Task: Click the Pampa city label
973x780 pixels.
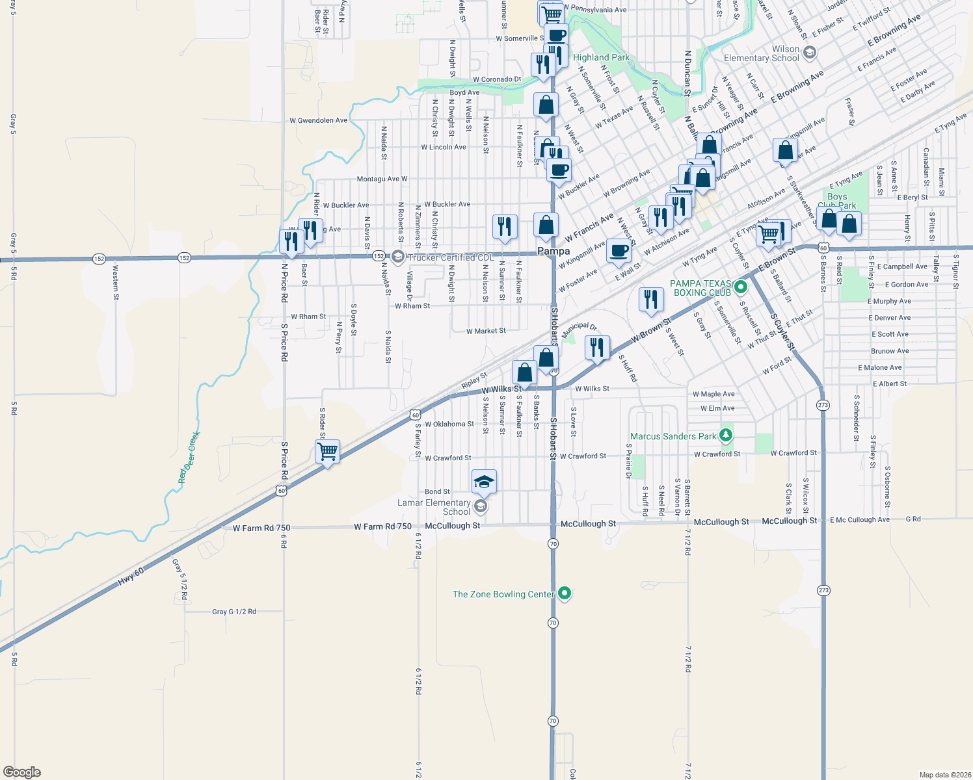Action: coord(553,251)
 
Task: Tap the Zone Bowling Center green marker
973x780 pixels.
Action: coord(565,593)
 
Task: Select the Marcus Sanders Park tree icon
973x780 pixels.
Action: coord(726,435)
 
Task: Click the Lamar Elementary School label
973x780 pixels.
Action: coord(434,507)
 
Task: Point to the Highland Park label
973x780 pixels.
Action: coord(601,57)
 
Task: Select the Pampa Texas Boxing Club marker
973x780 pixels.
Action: coord(740,286)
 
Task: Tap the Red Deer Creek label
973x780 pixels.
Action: coord(189,458)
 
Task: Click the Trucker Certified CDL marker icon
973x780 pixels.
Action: coord(398,257)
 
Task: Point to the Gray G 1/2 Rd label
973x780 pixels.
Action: coord(234,612)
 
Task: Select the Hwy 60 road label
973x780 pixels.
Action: coord(131,577)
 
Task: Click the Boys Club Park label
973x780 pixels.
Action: coord(837,201)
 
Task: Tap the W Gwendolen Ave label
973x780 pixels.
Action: coord(319,120)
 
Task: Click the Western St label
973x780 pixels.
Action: coord(116,278)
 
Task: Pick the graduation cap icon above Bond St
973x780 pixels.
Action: coord(484,482)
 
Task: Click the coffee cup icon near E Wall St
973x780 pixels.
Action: coord(619,250)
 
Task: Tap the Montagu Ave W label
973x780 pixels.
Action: coord(382,179)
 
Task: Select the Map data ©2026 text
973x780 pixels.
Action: coord(943,775)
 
